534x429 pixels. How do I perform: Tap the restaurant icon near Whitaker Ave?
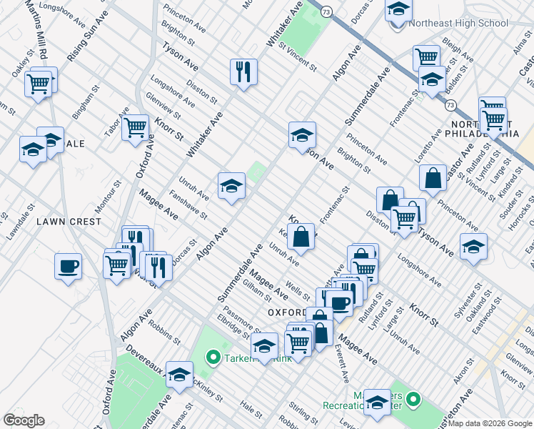243,71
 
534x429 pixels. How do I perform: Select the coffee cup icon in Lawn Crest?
68,266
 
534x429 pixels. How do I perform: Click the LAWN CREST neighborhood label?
69,222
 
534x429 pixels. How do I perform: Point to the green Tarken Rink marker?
212,357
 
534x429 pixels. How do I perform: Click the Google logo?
24,420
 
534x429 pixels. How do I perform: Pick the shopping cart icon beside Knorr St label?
135,128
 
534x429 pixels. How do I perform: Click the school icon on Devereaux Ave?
179,373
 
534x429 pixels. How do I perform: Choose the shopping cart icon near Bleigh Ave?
426,58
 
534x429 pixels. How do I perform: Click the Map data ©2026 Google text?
490,423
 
